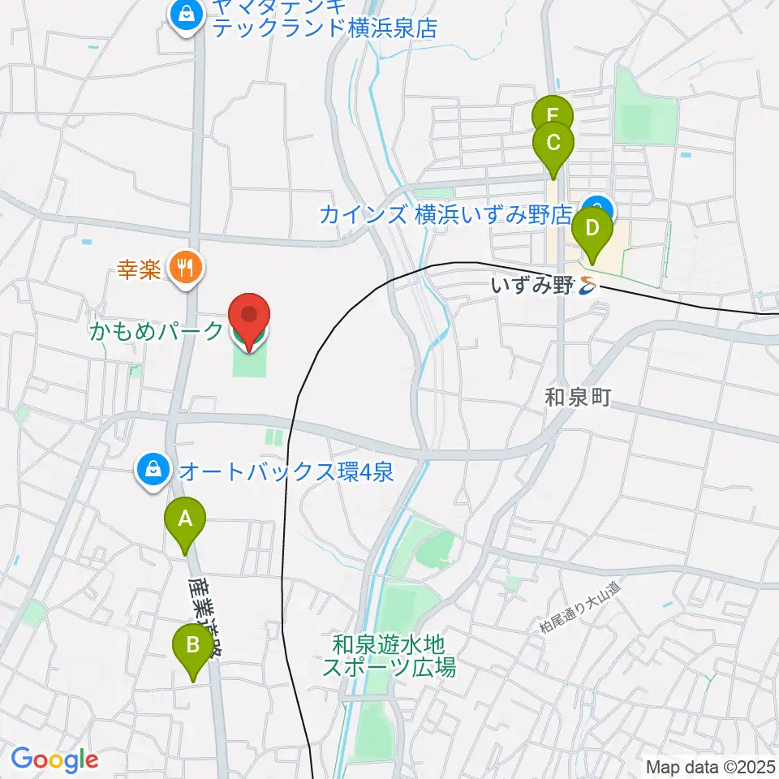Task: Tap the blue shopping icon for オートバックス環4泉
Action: [x=152, y=471]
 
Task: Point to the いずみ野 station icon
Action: [x=588, y=285]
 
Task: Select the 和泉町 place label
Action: [x=576, y=397]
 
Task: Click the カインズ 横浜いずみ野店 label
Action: [x=445, y=215]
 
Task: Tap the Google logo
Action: [x=54, y=760]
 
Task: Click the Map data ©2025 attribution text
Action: [x=710, y=766]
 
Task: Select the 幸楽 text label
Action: [x=139, y=269]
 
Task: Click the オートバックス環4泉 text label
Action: [x=286, y=471]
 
